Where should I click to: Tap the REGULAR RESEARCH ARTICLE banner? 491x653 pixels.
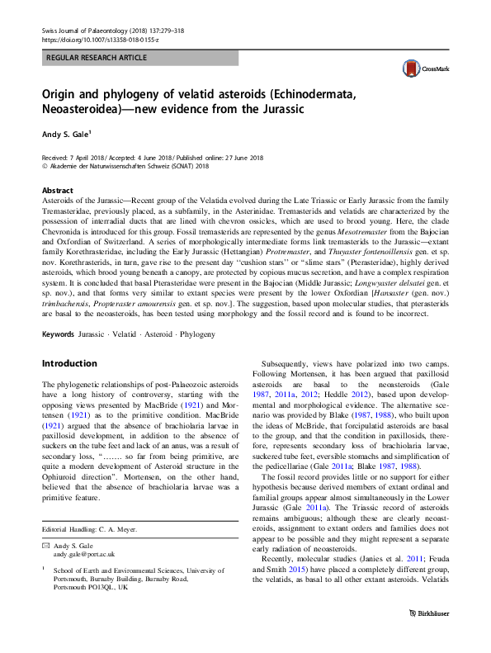point(97,58)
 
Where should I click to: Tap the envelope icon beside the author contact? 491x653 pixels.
point(46,546)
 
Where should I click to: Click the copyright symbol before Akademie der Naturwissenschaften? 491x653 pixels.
point(45,165)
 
